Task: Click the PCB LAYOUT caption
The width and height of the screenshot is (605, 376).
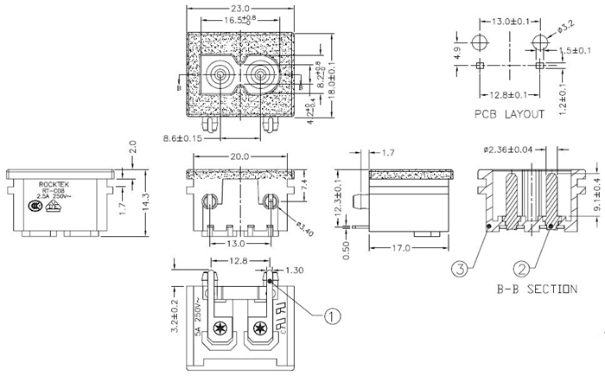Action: click(x=509, y=113)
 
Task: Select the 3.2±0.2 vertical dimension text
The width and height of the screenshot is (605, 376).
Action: click(x=175, y=315)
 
